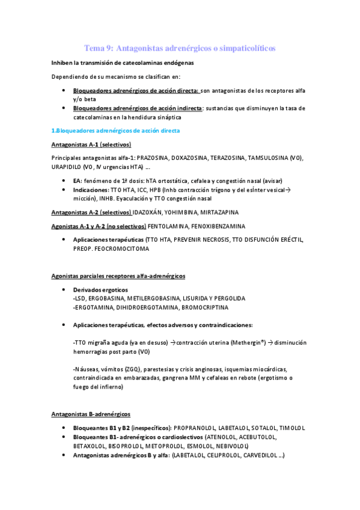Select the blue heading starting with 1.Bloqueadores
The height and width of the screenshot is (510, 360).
(x=115, y=131)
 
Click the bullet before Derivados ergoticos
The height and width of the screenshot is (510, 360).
(x=64, y=290)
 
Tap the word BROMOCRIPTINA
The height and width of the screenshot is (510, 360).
(x=205, y=307)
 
